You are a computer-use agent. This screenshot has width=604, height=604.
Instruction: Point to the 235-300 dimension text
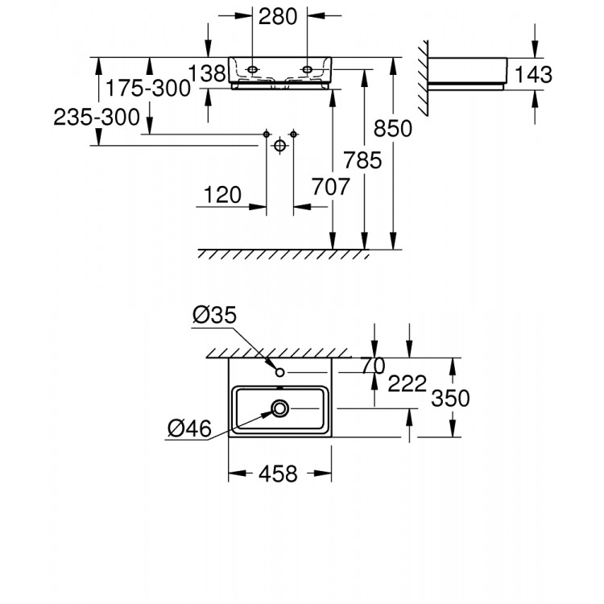pos(97,118)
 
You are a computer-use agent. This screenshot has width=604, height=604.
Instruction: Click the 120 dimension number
pos(223,194)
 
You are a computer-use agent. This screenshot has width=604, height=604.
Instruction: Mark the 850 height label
pos(393,128)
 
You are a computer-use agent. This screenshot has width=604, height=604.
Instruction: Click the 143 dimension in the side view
pos(534,74)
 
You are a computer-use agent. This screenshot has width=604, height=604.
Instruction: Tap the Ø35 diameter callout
pos(215,316)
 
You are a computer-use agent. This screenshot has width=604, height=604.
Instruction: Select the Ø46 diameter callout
pos(189,428)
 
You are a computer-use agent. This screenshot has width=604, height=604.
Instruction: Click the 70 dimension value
pos(373,366)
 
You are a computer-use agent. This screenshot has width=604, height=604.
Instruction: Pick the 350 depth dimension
pos(451,398)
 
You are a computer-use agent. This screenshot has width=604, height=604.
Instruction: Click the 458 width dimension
pos(279,473)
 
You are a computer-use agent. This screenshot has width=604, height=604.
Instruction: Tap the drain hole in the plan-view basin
pos(279,409)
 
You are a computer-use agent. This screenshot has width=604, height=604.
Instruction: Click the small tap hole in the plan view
pos(279,373)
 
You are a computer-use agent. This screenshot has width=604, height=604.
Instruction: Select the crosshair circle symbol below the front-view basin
pos(279,146)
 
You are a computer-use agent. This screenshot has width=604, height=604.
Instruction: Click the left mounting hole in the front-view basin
pos(253,71)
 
